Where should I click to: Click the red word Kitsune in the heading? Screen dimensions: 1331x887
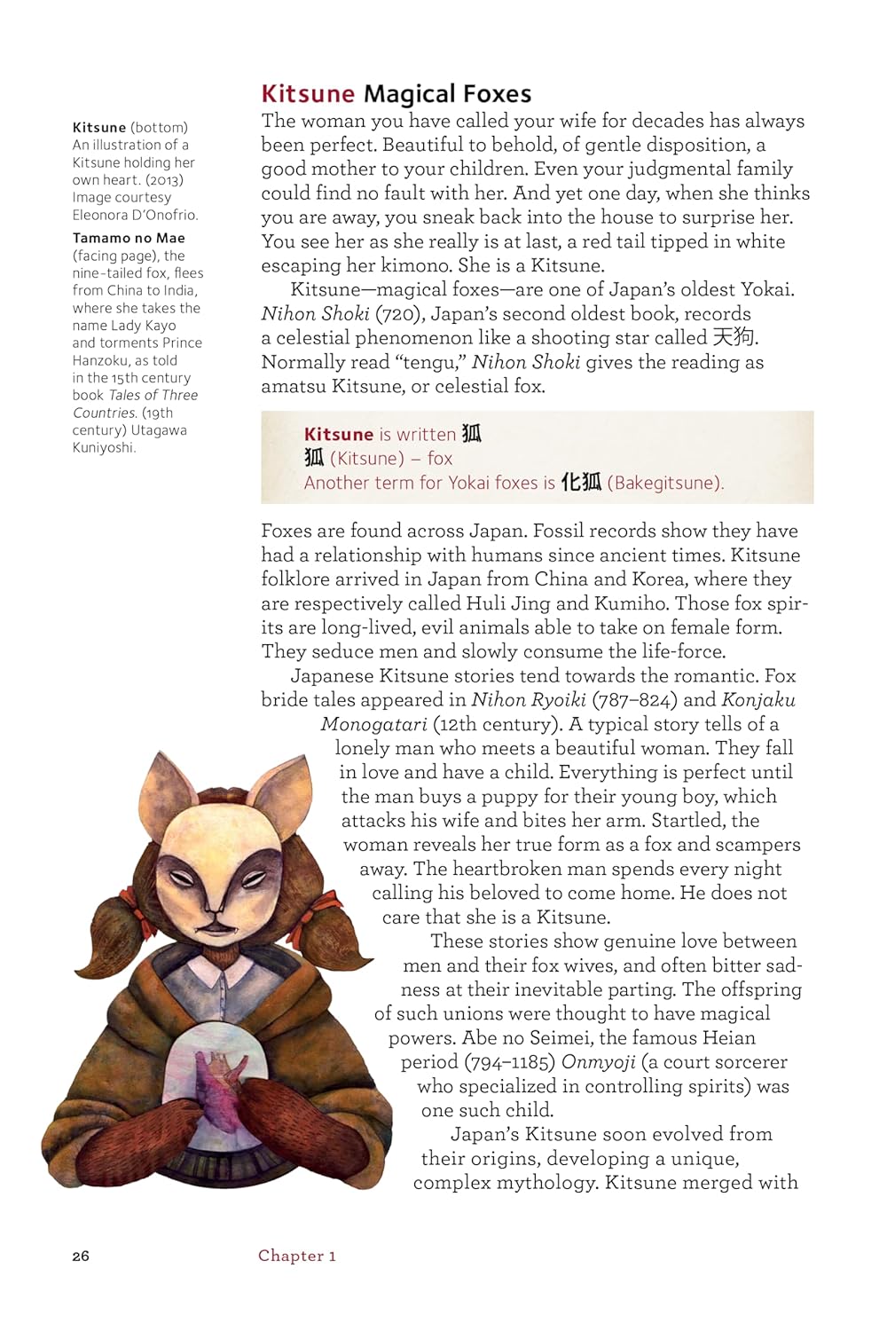pyautogui.click(x=307, y=94)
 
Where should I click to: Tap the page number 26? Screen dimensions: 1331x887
pyautogui.click(x=81, y=1256)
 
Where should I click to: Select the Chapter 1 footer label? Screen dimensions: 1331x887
pyautogui.click(x=296, y=1256)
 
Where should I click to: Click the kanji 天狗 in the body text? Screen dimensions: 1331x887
pyautogui.click(x=734, y=337)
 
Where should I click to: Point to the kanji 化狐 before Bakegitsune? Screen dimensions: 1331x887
pyautogui.click(x=582, y=482)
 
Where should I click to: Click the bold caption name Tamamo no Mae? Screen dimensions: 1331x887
pyautogui.click(x=129, y=238)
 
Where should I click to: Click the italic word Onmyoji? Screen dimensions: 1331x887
pyautogui.click(x=598, y=1062)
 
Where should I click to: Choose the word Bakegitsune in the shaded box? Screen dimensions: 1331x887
pyautogui.click(x=665, y=483)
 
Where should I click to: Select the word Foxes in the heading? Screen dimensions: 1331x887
pyautogui.click(x=491, y=94)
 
